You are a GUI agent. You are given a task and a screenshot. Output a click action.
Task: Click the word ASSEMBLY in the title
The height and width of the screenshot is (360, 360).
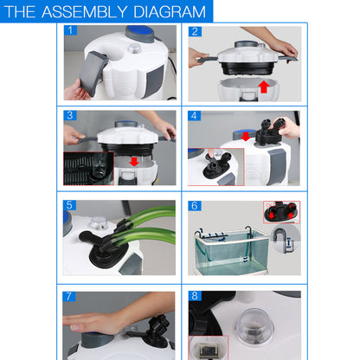tap(83, 12)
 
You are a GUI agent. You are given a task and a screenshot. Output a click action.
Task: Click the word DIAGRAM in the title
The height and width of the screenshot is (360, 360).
tap(164, 12)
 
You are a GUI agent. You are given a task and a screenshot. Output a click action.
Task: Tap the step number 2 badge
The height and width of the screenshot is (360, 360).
tap(195, 31)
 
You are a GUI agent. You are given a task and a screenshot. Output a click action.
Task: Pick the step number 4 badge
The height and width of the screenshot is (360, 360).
tap(195, 115)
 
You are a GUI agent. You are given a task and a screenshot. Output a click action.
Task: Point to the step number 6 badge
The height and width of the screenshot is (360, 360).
tap(195, 206)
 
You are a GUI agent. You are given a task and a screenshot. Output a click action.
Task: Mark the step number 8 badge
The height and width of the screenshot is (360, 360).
tap(195, 297)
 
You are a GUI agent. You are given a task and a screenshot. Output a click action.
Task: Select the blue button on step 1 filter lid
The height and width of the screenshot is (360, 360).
tap(138, 33)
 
